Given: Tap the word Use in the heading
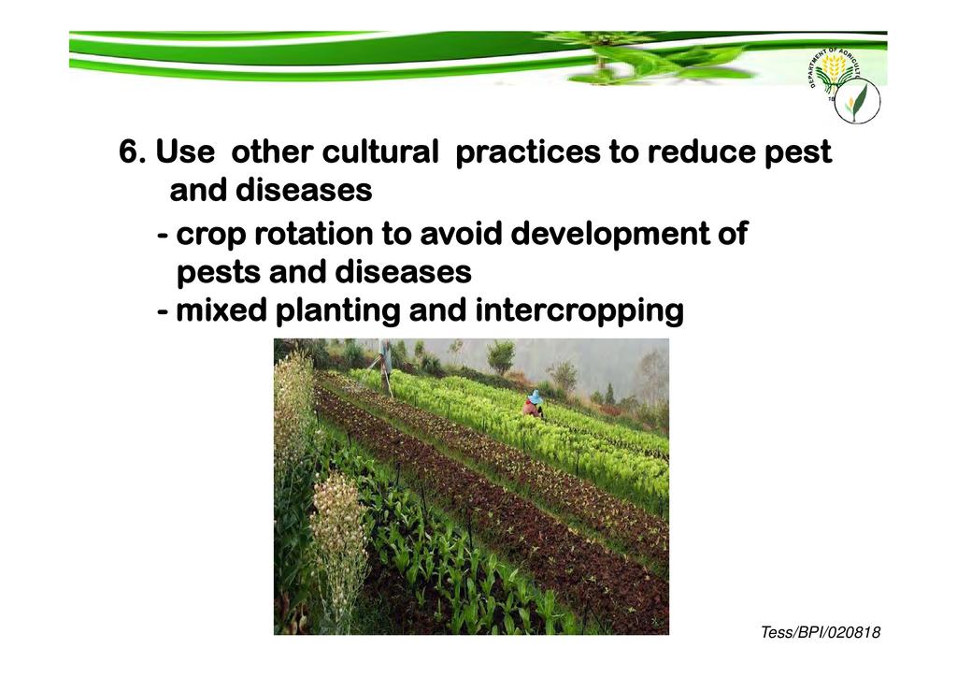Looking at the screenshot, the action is click(x=185, y=151).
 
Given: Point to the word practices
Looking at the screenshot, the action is click(x=528, y=152).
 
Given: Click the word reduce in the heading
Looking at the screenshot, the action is click(x=701, y=151).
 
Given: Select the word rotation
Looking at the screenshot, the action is click(x=313, y=234).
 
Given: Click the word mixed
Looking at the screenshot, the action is click(x=221, y=310).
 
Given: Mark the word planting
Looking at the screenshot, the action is click(x=337, y=311).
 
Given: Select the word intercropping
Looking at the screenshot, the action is click(x=578, y=311).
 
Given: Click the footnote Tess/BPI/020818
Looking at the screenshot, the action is click(x=820, y=632).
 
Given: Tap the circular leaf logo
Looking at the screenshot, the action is click(x=857, y=101).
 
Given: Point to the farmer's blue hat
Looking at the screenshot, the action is click(x=536, y=397).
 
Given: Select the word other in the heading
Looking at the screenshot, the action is click(x=272, y=151).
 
